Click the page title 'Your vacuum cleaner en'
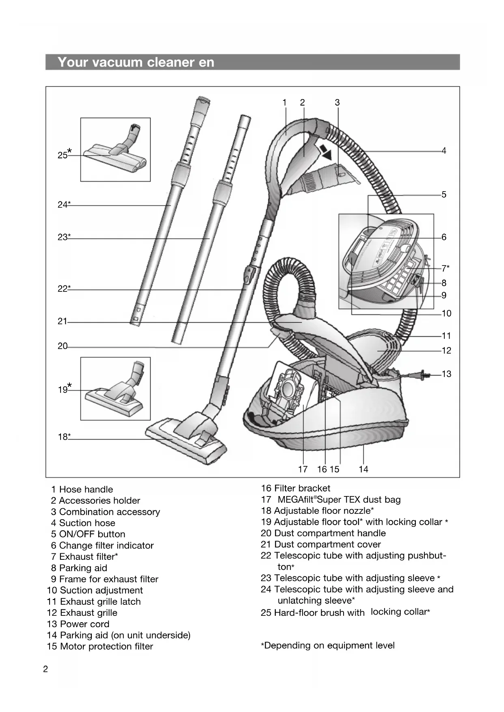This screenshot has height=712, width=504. [136, 62]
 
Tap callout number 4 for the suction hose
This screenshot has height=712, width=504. [444, 151]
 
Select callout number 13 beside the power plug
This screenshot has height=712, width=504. [446, 374]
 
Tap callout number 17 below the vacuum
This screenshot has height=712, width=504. [303, 469]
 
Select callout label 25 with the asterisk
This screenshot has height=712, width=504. [64, 154]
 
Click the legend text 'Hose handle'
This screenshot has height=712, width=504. [86, 490]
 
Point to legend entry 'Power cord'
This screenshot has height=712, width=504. [84, 624]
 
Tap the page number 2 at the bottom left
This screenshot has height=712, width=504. [45, 669]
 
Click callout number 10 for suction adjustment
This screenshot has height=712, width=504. [446, 313]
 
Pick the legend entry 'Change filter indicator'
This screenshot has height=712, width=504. [106, 546]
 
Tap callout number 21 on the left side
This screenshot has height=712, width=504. [62, 321]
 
